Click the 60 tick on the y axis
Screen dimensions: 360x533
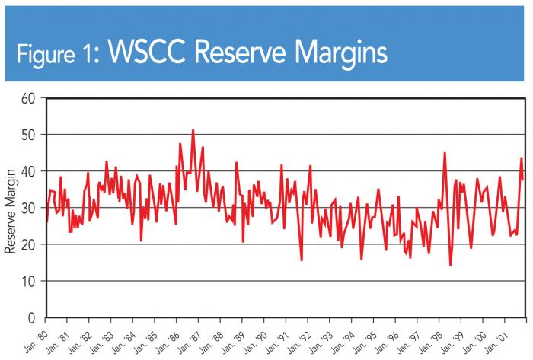coord(29,98)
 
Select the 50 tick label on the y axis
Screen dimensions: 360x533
coord(29,135)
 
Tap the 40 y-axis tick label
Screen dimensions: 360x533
coord(29,171)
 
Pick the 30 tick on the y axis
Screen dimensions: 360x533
coord(29,208)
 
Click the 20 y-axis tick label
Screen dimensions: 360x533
coord(29,244)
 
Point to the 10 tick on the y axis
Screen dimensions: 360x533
coord(29,281)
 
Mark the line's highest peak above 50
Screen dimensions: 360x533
coord(193,130)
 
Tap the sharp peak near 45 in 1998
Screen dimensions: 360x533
coord(445,153)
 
